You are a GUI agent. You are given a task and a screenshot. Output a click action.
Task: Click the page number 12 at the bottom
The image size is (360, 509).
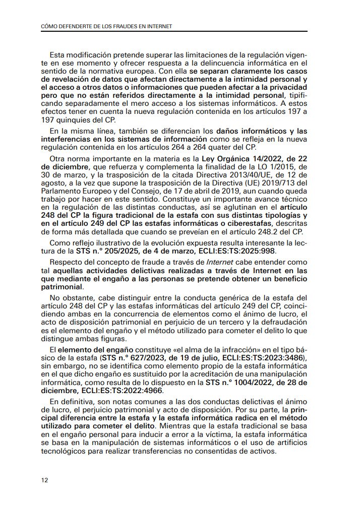click(44, 480)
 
